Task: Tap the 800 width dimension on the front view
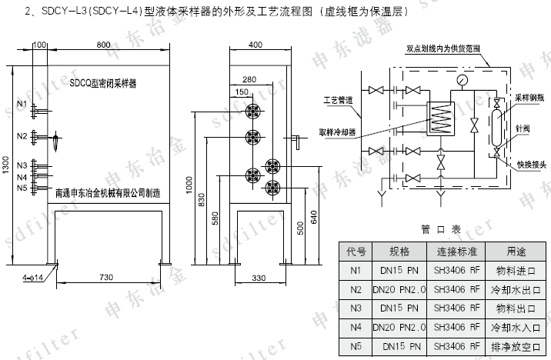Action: point(103,45)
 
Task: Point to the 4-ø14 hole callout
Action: point(33,275)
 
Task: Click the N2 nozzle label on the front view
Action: point(21,137)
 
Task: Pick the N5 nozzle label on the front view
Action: point(21,188)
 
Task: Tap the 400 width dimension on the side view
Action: point(255,45)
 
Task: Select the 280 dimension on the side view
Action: point(249,79)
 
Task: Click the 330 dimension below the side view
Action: point(259,276)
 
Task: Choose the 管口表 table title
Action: point(441,228)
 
